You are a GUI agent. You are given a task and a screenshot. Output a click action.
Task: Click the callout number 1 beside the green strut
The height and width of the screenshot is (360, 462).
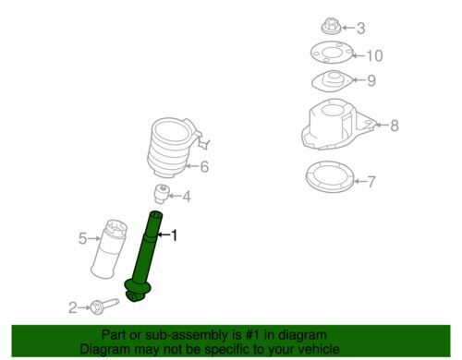pyautogui.click(x=175, y=235)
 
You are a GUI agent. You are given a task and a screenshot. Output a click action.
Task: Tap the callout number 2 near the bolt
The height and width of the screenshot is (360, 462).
pyautogui.click(x=73, y=307)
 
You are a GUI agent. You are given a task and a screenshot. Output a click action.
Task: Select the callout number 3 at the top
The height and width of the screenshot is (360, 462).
pyautogui.click(x=360, y=29)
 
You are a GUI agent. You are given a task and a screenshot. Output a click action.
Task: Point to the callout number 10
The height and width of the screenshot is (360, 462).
pyautogui.click(x=374, y=55)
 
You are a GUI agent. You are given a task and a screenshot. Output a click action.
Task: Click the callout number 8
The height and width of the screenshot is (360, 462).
pyautogui.click(x=395, y=126)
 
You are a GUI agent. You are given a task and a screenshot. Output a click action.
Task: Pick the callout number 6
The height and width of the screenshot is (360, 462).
pyautogui.click(x=204, y=166)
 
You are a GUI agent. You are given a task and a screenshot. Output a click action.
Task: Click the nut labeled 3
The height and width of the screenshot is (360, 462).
pyautogui.click(x=331, y=27)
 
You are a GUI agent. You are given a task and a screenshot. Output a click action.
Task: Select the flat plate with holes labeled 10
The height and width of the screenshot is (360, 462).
pyautogui.click(x=332, y=52)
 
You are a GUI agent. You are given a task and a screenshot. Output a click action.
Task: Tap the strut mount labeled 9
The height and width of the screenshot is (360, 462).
pyautogui.click(x=332, y=81)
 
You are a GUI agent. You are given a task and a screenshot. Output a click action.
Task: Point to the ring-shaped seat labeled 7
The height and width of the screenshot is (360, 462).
pyautogui.click(x=330, y=176)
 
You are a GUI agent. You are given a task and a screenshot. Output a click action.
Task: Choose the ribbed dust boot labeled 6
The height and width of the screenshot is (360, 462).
pyautogui.click(x=174, y=148)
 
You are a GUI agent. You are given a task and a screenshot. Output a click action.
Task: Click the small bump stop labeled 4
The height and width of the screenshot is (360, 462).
pyautogui.click(x=162, y=194)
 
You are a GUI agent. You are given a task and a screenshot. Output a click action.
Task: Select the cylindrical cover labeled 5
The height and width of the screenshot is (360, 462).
pyautogui.click(x=108, y=249)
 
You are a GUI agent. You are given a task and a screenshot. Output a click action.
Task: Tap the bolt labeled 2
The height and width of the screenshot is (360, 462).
pyautogui.click(x=104, y=305)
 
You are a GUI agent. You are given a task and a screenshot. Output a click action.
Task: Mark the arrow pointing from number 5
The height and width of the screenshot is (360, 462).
pyautogui.click(x=94, y=238)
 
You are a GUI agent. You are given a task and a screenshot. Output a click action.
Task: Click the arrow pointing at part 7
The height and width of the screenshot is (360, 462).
pyautogui.click(x=360, y=181)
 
